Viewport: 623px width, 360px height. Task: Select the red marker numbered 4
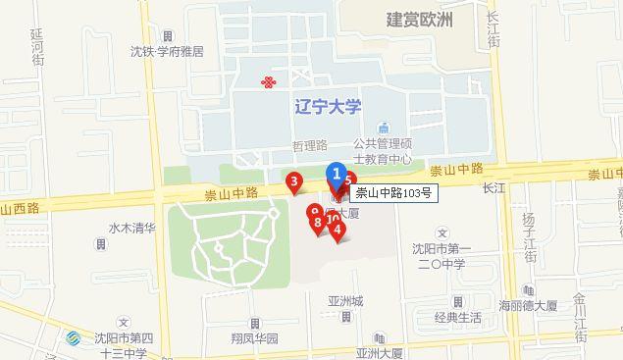[337, 232]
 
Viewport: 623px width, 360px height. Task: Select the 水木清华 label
[132, 228]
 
